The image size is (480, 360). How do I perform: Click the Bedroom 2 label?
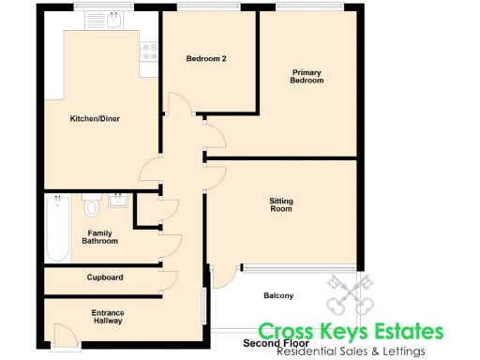click(206, 58)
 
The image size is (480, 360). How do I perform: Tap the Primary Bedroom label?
click(307, 76)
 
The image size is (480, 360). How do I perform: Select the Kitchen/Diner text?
click(95, 119)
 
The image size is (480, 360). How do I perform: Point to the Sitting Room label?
click(280, 204)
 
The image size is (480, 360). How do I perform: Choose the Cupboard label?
click(105, 277)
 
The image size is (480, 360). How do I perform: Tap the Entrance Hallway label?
click(108, 317)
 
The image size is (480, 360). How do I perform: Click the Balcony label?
click(277, 296)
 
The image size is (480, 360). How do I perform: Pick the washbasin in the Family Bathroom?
click(118, 200)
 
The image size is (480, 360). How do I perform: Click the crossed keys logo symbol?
click(350, 295)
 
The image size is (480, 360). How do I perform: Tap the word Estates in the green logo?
click(398, 332)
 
